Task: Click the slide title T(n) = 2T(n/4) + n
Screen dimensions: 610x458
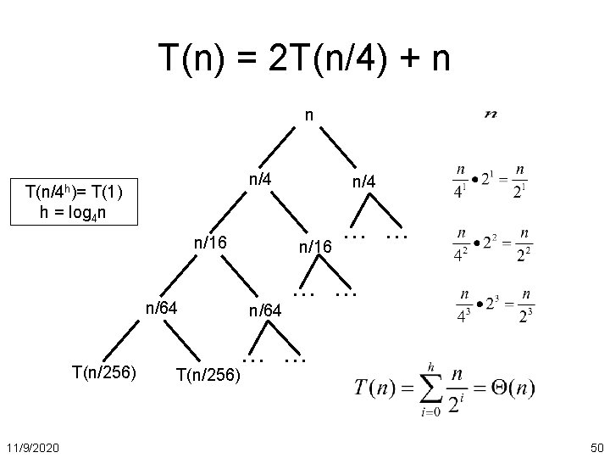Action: [x=305, y=59]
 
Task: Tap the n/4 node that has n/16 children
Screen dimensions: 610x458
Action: [x=258, y=179]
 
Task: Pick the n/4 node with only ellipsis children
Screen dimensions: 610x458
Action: [x=370, y=182]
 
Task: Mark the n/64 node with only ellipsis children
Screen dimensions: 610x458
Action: [x=265, y=311]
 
